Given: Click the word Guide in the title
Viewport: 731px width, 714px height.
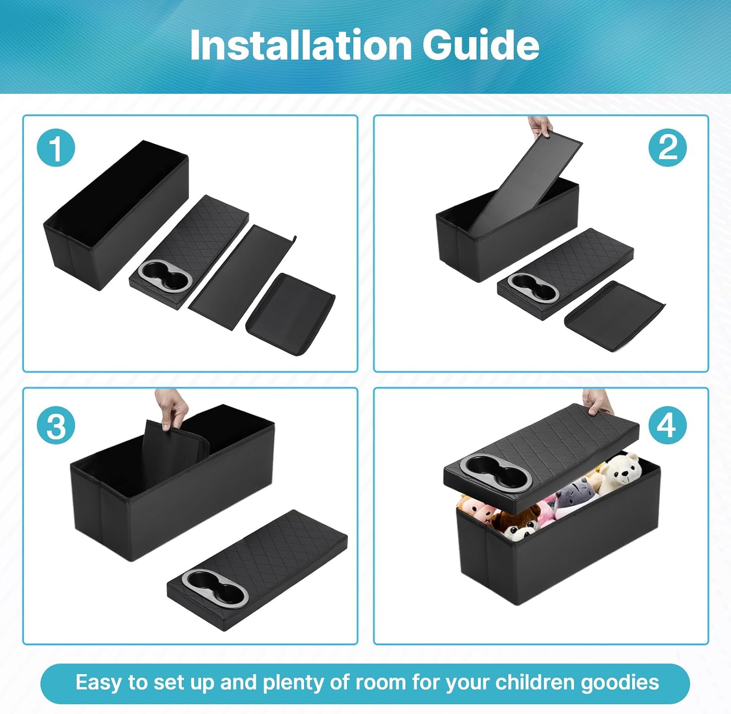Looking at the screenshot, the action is (x=481, y=45).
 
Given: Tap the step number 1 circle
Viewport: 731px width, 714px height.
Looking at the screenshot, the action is (x=56, y=148).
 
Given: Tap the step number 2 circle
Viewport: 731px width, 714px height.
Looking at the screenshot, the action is (x=667, y=148).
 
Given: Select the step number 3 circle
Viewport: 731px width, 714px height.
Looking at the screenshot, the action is (x=56, y=425).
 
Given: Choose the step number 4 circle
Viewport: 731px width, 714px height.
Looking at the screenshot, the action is (x=667, y=425).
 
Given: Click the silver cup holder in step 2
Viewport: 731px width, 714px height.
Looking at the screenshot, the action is (x=533, y=288).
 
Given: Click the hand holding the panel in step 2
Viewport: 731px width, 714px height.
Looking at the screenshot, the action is (x=540, y=126).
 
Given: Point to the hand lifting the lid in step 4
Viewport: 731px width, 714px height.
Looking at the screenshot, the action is (x=597, y=402).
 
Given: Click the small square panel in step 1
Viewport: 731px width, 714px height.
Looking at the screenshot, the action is (x=290, y=314).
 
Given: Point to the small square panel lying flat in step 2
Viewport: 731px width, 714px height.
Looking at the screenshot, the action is (x=615, y=316).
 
